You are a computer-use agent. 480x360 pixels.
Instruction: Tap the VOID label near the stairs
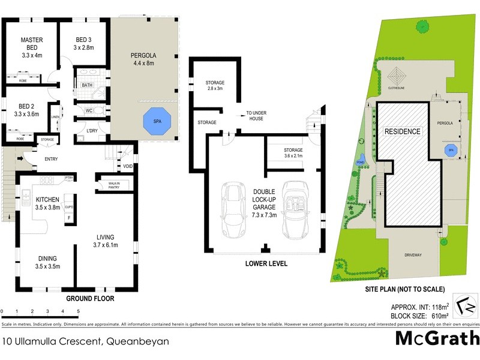pos(127,166)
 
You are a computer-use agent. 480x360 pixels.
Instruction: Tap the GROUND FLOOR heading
pos(90,298)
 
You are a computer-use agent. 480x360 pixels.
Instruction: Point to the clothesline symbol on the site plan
pos(397,77)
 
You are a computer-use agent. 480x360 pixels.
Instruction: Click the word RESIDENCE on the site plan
pos(403,131)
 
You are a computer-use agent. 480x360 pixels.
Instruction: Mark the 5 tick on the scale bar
pos(78,311)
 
